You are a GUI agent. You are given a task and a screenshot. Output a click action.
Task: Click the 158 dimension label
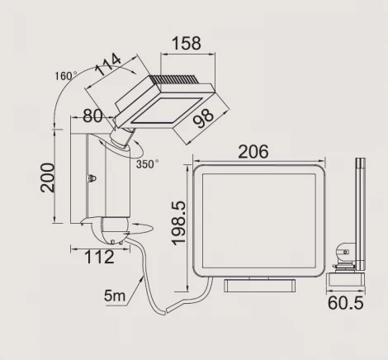click(x=187, y=43)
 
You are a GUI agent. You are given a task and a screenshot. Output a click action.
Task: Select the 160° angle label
click(x=66, y=76)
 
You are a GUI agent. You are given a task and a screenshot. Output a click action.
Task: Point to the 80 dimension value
click(x=92, y=116)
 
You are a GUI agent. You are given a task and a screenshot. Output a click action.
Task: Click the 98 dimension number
click(x=203, y=119)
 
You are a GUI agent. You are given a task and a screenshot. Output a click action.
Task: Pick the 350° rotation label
click(x=147, y=164)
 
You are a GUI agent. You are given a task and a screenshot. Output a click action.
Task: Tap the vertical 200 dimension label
click(x=47, y=178)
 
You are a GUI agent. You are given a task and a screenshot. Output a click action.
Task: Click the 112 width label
click(x=99, y=257)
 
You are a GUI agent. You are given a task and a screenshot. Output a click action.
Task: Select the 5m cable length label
click(x=115, y=296)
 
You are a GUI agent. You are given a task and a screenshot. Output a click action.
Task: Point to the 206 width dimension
click(x=253, y=152)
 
